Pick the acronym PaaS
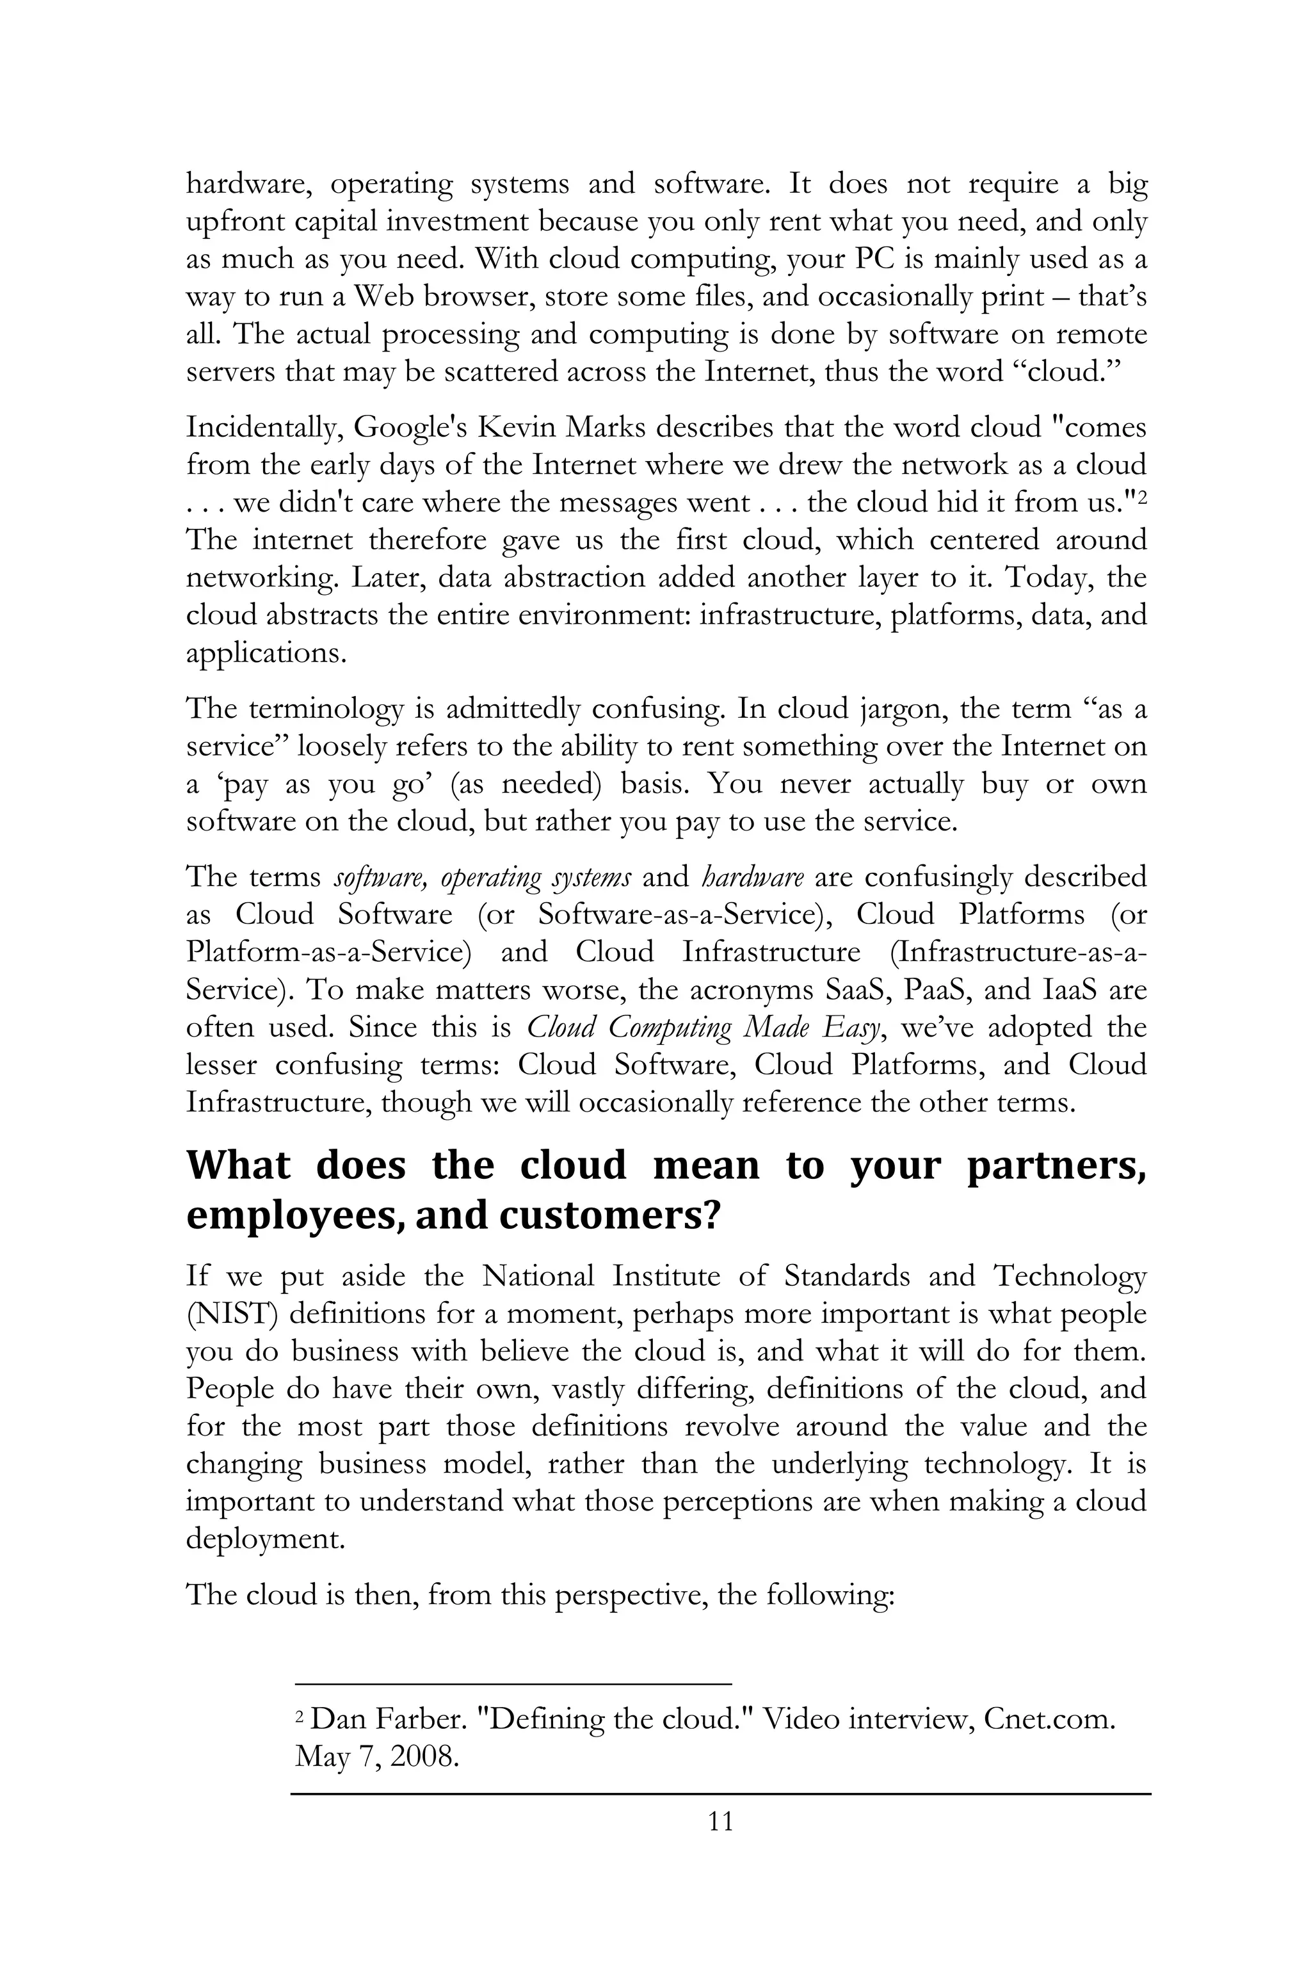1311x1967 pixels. click(943, 990)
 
